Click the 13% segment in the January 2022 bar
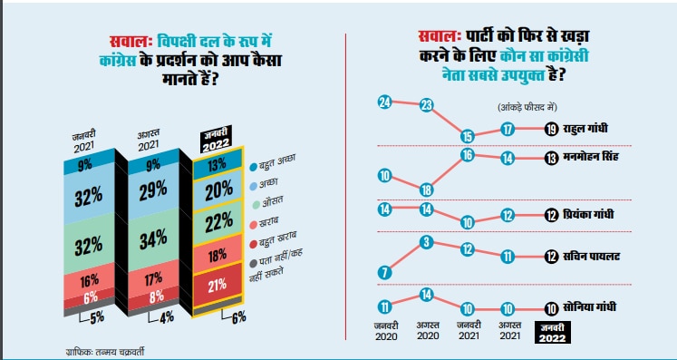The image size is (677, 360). point(218,165)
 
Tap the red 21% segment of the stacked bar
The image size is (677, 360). point(217,287)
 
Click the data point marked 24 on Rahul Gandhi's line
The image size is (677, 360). point(383,102)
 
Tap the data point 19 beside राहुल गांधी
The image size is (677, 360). point(551,130)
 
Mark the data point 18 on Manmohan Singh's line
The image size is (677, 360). point(425,189)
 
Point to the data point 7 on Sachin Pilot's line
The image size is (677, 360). point(383,272)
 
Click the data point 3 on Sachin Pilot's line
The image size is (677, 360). point(425,241)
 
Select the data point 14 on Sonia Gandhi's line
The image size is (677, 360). point(425,295)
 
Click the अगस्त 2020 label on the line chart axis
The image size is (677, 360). point(425,331)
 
